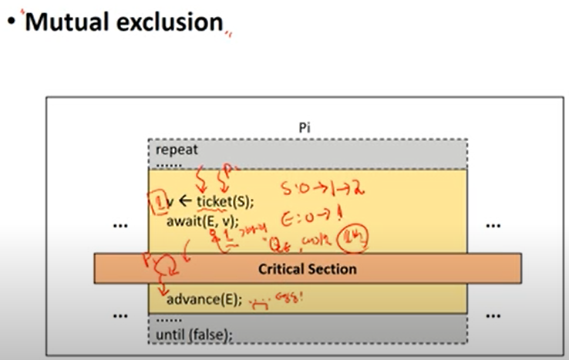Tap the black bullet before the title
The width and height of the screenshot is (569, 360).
(x=11, y=23)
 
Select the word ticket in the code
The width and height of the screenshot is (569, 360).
(x=217, y=203)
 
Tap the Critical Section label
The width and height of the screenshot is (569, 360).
(x=308, y=269)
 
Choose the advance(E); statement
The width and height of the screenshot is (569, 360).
(x=203, y=299)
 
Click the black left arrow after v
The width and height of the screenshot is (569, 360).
(x=185, y=203)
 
